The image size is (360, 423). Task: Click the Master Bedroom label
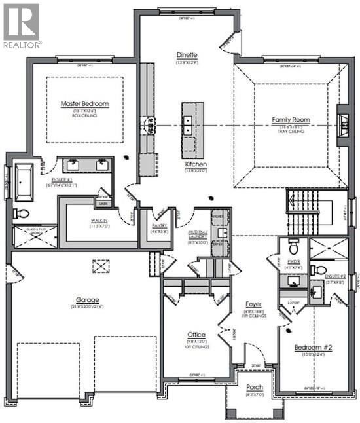click(x=84, y=104)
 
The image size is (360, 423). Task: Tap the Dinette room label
click(x=187, y=55)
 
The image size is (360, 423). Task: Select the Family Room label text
click(x=287, y=120)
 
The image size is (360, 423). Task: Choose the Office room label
click(x=196, y=335)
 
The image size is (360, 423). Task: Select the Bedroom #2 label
click(x=309, y=347)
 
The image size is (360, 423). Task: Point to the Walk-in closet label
click(x=99, y=221)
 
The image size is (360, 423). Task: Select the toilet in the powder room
click(x=294, y=246)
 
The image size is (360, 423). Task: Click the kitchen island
click(x=190, y=119)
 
